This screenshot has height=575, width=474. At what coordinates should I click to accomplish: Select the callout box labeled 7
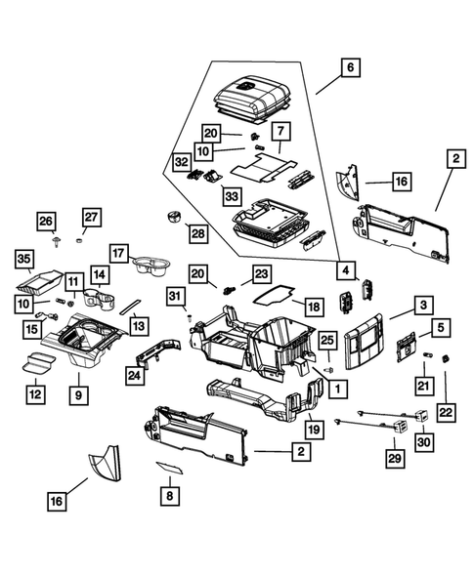tap(280, 131)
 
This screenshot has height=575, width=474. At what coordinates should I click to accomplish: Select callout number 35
tap(25, 259)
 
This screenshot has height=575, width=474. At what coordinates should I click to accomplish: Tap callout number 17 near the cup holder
tap(119, 251)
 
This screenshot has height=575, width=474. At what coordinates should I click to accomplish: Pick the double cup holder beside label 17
tap(152, 264)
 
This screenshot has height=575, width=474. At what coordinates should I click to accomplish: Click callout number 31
tap(175, 296)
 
